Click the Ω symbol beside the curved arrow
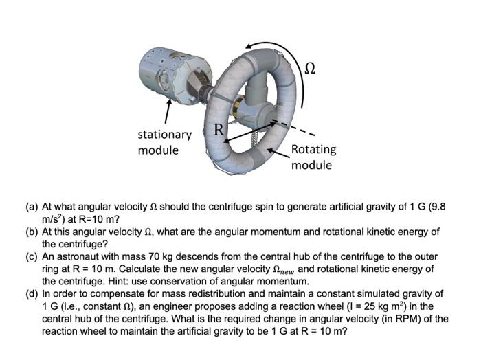(x=310, y=67)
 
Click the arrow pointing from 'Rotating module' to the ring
(x=278, y=151)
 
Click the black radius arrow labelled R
(x=247, y=133)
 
